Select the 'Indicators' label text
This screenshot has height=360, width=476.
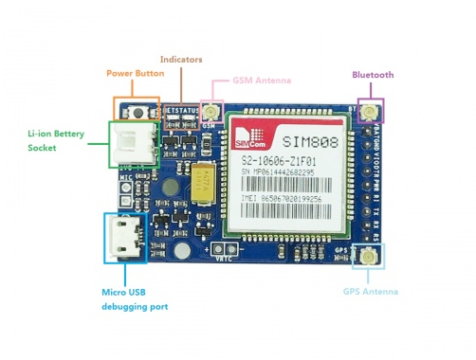[181, 60]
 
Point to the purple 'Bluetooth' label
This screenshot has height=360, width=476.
[373, 75]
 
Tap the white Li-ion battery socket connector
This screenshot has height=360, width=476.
[128, 144]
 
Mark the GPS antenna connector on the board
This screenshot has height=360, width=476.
[364, 256]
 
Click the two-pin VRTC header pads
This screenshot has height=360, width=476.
[226, 249]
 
